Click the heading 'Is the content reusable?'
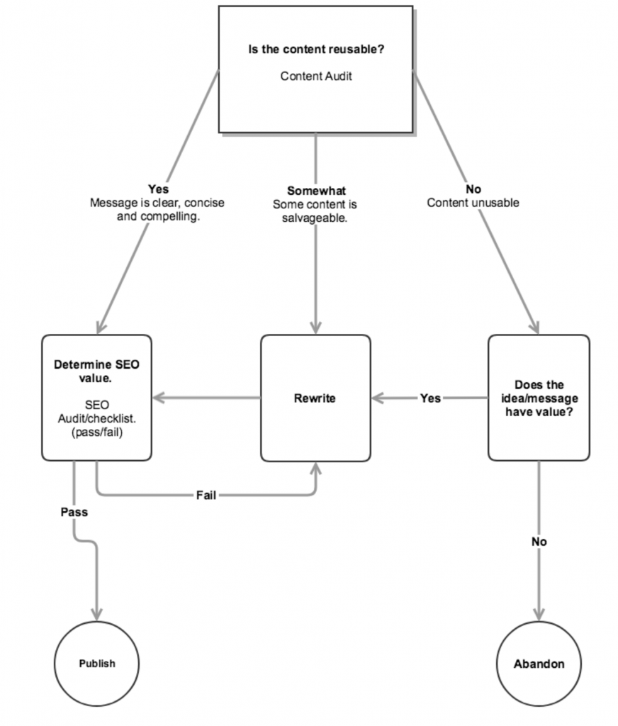tap(316, 49)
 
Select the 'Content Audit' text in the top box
tap(316, 76)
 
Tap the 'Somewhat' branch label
tap(316, 190)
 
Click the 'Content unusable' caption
tap(473, 203)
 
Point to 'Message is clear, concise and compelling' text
tap(157, 210)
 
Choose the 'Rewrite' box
tap(315, 398)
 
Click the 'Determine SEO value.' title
tap(96, 372)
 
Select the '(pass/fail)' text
tap(97, 432)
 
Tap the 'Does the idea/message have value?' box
tap(539, 398)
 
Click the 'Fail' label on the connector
tap(206, 496)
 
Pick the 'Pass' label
tap(74, 512)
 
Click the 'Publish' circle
tap(97, 664)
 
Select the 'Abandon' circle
tap(539, 664)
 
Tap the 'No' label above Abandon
tap(539, 542)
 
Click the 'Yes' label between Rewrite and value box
tap(430, 398)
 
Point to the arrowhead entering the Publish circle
tap(97, 615)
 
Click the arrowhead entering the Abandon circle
tap(539, 615)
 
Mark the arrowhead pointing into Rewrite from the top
tap(315, 328)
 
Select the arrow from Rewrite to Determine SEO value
tap(206, 398)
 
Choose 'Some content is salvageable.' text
tap(315, 211)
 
